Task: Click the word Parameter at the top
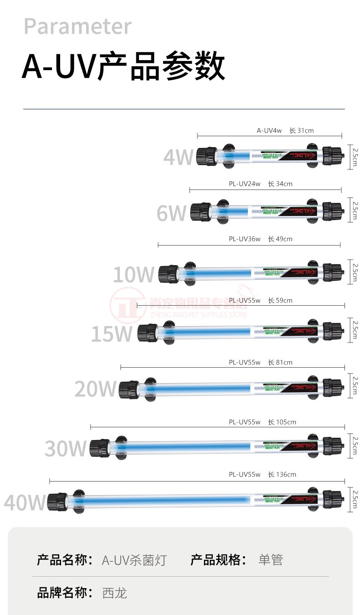[x=77, y=26]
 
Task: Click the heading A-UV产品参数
[x=123, y=67]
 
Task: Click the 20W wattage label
[x=96, y=389]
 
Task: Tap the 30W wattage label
[x=66, y=449]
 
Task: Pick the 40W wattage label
[x=25, y=503]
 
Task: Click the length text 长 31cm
[x=301, y=131]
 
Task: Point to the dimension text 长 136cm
[x=282, y=475]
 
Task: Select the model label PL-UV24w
[x=244, y=184]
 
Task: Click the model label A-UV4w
[x=269, y=131]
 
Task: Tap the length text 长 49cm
[x=280, y=239]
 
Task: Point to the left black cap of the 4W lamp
[x=206, y=156]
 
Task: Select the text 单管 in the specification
[x=271, y=560]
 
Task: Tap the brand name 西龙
[x=115, y=593]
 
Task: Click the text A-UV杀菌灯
[x=134, y=560]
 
